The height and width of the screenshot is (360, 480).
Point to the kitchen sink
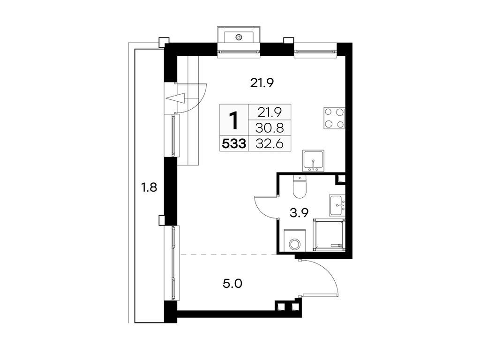(x=313, y=161)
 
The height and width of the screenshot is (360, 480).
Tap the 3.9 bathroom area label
(x=298, y=214)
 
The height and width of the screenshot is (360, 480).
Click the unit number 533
(x=234, y=144)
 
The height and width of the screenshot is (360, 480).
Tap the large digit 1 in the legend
(x=234, y=120)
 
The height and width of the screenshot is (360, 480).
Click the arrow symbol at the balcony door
(x=175, y=99)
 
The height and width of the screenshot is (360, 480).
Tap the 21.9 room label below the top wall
(x=262, y=83)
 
